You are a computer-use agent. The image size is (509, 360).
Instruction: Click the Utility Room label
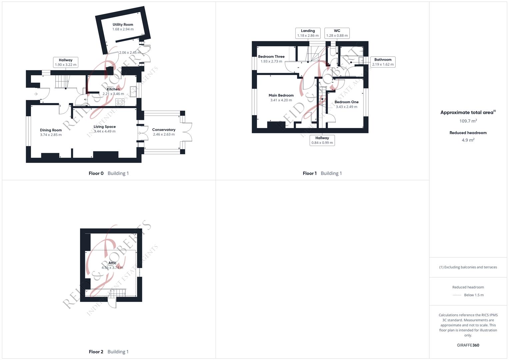coord(123,25)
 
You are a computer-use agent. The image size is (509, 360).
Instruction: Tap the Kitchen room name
coord(113,89)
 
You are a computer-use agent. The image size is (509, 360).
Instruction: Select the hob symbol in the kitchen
coord(120,102)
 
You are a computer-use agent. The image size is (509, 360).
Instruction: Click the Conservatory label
coord(164,130)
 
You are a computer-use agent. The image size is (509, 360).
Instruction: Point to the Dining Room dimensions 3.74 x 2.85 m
coord(51,135)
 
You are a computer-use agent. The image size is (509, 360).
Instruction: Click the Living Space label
coord(105,127)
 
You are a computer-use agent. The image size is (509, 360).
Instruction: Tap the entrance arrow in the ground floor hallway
coord(36,94)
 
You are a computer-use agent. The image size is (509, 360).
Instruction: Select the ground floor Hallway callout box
coord(66,62)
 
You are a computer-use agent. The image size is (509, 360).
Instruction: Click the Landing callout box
coord(308,33)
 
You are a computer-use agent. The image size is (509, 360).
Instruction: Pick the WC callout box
coord(337,33)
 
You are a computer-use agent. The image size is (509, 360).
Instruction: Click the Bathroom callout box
coord(383,62)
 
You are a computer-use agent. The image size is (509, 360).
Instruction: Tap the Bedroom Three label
coord(271,57)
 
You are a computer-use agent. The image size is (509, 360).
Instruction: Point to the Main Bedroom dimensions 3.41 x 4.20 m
coord(281,100)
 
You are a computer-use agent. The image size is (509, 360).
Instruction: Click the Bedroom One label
coord(346,102)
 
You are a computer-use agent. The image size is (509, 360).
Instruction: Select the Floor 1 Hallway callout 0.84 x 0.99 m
coord(322,140)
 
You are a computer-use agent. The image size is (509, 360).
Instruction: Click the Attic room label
coord(112,263)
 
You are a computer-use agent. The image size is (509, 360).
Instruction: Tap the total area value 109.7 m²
coord(468,121)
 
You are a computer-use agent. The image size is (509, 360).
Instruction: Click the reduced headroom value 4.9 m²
coord(468,140)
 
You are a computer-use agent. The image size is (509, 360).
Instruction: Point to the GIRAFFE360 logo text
coord(468,345)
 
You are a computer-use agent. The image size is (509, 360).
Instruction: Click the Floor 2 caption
coord(96,352)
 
